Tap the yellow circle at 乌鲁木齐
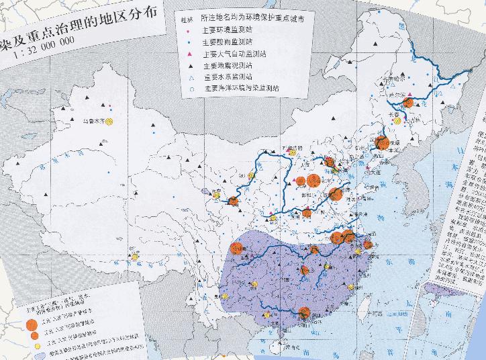point(108,121)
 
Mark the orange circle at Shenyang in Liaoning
point(383,142)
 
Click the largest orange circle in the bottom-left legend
point(31,326)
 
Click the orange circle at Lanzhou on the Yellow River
point(233,200)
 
